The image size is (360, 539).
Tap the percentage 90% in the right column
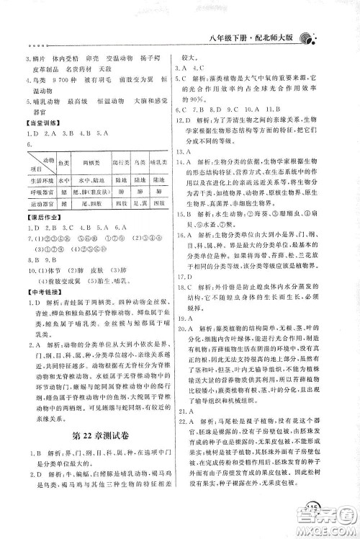pyautogui.click(x=199, y=98)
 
